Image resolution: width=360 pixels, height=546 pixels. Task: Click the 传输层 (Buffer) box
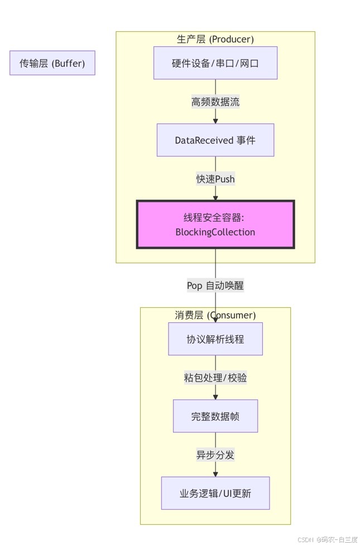click(x=52, y=63)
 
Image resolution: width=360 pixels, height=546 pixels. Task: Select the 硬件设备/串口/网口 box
click(x=215, y=63)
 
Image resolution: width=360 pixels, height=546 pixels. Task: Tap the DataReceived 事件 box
click(x=215, y=140)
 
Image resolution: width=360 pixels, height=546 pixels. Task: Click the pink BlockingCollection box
click(x=215, y=224)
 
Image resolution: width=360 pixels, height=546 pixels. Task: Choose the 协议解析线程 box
click(x=215, y=339)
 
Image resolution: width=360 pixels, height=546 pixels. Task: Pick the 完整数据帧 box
click(x=215, y=416)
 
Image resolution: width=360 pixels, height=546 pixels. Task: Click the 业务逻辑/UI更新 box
click(x=215, y=493)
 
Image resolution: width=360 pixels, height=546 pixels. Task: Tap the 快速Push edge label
click(x=215, y=178)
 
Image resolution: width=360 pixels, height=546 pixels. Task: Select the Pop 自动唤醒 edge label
click(x=215, y=285)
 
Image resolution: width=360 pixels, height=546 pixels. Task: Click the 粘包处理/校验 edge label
click(x=215, y=378)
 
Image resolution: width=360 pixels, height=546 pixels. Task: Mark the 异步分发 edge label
click(x=215, y=455)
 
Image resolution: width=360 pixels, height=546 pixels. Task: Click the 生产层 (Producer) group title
click(x=215, y=39)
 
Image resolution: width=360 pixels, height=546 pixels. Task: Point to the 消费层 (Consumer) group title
click(x=215, y=315)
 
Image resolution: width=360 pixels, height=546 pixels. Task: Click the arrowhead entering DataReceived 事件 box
click(x=215, y=120)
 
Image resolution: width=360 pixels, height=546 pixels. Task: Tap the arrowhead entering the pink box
click(x=215, y=197)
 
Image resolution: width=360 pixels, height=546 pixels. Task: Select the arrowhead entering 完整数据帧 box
click(x=215, y=397)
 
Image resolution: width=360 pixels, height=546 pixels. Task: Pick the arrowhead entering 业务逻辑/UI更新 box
click(x=215, y=473)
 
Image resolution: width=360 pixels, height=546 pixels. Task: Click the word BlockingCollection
click(x=215, y=232)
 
